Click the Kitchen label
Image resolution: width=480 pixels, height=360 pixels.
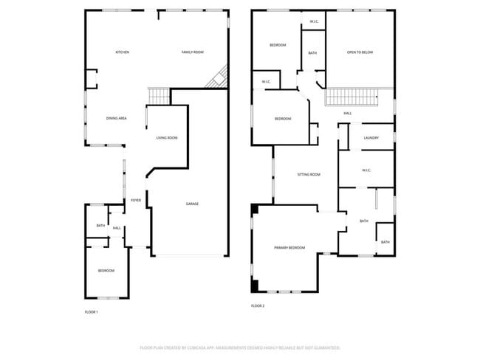coord(123,52)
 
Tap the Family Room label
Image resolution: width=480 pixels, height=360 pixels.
coord(193,52)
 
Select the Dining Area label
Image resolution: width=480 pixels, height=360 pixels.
coord(117,118)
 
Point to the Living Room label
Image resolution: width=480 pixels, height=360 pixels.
coord(167,138)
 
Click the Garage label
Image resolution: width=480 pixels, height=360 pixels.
coord(192,204)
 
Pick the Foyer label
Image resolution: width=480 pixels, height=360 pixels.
coord(136,200)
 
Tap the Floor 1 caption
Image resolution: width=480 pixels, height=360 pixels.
coord(91,312)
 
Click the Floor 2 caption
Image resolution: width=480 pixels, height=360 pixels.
coord(258,305)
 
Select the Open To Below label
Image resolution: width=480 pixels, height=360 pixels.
coord(360,52)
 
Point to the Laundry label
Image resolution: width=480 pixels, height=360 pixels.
coord(371,138)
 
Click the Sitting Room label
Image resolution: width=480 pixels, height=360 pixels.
coord(309,175)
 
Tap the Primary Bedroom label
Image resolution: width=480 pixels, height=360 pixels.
coord(289,248)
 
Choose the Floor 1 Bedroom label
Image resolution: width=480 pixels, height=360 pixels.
coord(106,271)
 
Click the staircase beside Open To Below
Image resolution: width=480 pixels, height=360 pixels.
coord(351,97)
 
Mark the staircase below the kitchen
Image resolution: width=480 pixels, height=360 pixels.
coord(159,95)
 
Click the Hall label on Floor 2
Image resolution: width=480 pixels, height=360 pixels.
coord(347,114)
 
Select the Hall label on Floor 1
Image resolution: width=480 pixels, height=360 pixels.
coord(117,228)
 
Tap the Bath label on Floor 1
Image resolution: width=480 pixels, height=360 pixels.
coord(100,225)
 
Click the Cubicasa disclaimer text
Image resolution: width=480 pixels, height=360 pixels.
coord(240,347)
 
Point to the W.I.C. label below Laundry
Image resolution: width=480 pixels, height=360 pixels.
coord(366,170)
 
